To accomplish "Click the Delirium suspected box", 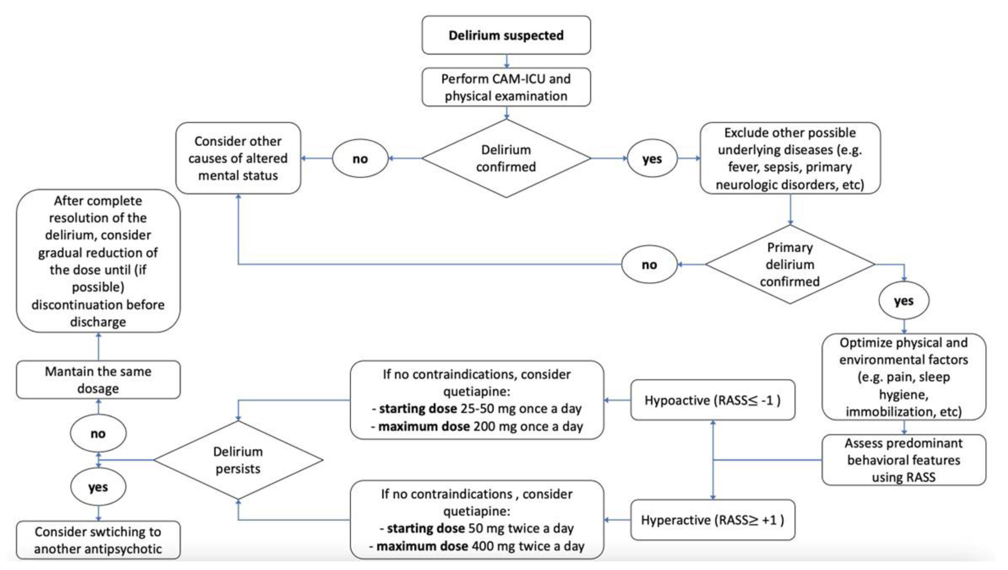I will pos(506,35).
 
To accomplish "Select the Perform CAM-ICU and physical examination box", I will pos(506,87).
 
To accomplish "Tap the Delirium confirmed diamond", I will pos(506,158).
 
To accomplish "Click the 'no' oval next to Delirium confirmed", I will pos(360,159).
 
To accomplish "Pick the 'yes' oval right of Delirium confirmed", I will pos(652,159).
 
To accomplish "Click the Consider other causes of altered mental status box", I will pos(238,158).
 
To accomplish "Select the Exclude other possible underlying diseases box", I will pos(790,158).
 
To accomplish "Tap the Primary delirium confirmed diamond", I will pos(790,264).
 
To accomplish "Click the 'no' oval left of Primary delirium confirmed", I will pos(649,265).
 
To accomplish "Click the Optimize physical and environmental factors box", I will pos(904,377).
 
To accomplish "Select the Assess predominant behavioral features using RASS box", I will pos(904,460).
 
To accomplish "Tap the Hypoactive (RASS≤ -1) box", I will pos(712,400).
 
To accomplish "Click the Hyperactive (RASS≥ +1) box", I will pos(712,520).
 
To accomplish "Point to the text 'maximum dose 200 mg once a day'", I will pos(477,426).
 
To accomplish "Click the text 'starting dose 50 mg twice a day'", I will pos(477,528).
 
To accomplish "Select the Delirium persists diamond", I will pos(238,460).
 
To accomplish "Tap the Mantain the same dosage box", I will pos(98,380).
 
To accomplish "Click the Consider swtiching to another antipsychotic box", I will pos(98,540).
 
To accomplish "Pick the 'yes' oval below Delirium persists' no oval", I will pos(98,487).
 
